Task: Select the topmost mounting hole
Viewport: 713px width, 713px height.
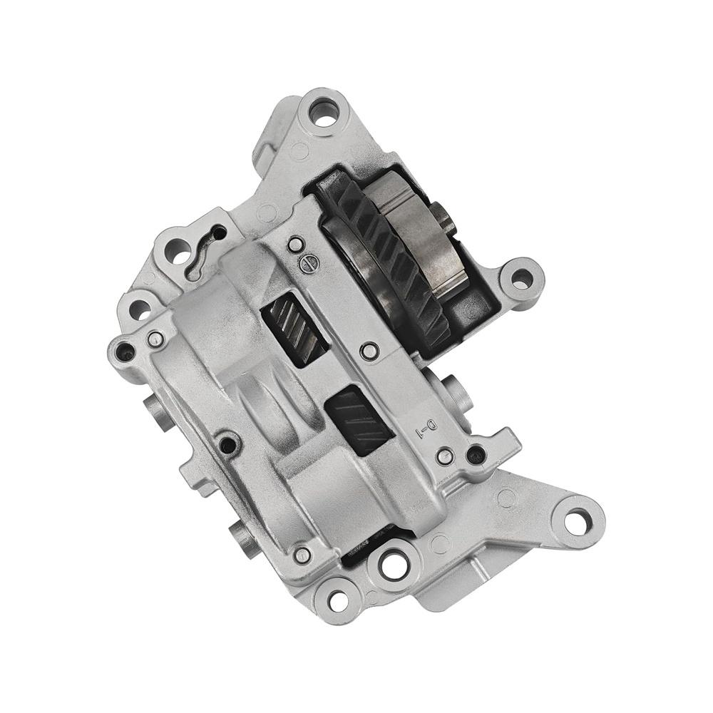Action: [325, 114]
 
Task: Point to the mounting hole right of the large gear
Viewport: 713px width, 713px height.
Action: [521, 277]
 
